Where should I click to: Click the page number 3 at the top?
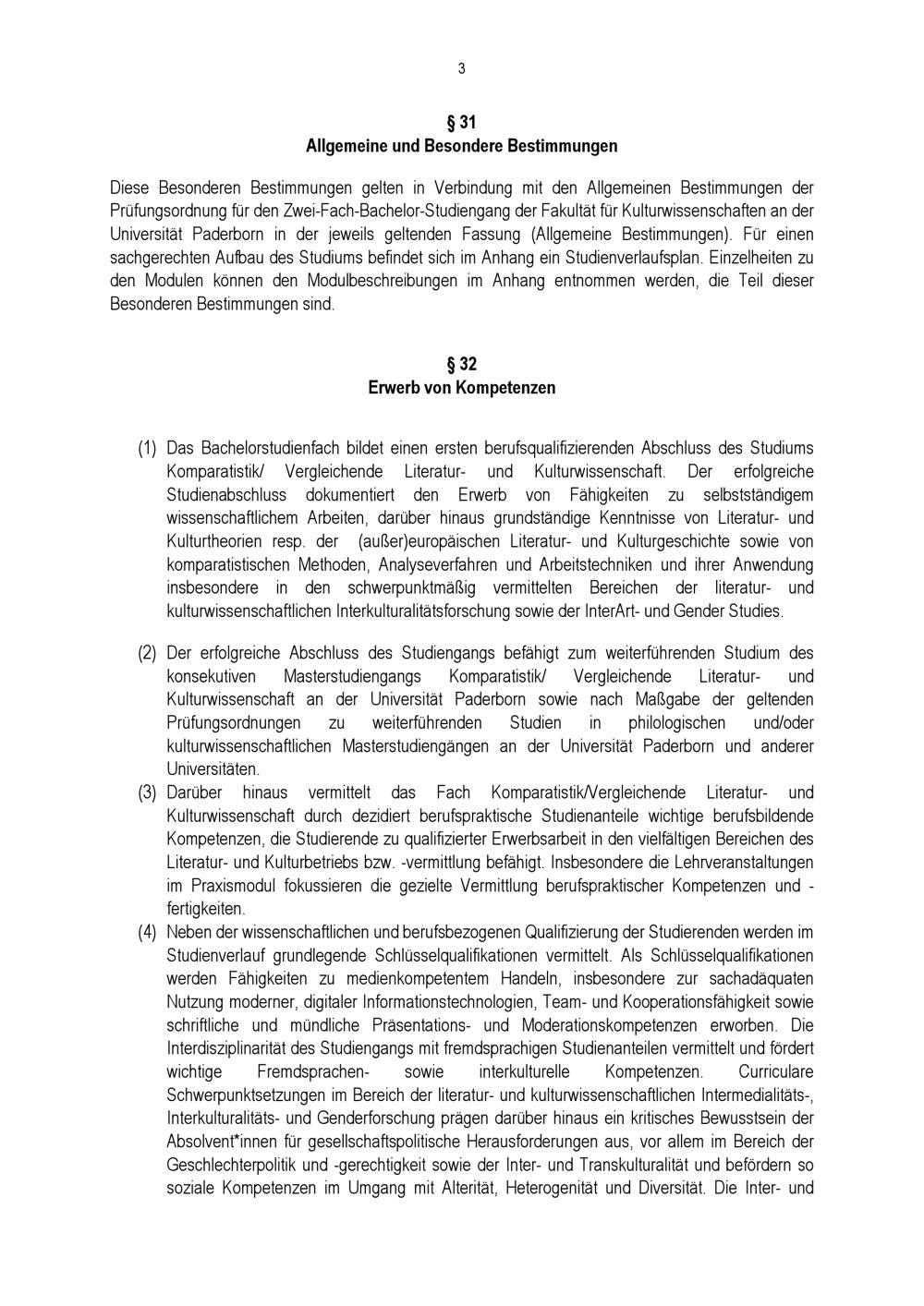[461, 69]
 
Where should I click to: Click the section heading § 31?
[461, 122]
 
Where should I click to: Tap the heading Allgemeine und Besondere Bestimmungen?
[461, 146]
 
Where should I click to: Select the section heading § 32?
[461, 364]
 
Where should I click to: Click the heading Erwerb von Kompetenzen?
[461, 388]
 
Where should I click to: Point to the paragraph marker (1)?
[147, 448]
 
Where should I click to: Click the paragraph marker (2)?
[147, 653]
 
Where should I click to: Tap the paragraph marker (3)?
[147, 792]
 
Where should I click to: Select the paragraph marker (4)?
[147, 932]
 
